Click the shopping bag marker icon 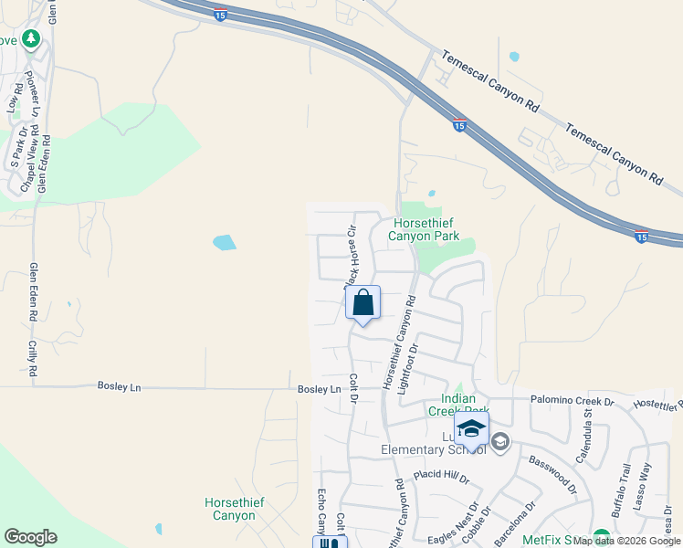pyautogui.click(x=363, y=302)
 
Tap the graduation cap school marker pyautogui.click(x=472, y=428)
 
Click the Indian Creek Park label pyautogui.click(x=465, y=405)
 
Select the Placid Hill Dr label pyautogui.click(x=441, y=477)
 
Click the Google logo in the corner pyautogui.click(x=30, y=537)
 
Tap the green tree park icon pyautogui.click(x=31, y=39)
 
